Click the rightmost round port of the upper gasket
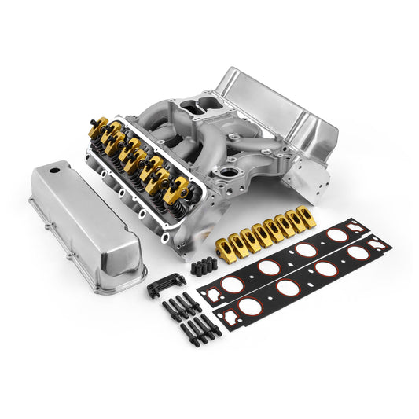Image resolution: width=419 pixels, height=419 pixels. click(x=339, y=235)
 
